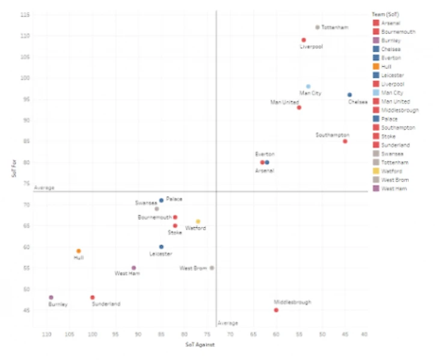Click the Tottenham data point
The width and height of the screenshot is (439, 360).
[x=318, y=27]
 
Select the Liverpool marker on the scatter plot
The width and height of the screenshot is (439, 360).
[x=304, y=40]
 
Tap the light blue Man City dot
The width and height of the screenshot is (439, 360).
[x=309, y=87]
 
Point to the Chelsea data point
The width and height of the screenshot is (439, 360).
[x=349, y=95]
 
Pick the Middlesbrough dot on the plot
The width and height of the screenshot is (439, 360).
[x=276, y=310]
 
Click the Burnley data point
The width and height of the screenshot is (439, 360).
[x=51, y=297]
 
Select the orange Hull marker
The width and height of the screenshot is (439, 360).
[x=79, y=251]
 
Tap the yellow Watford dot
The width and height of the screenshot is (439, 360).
[x=198, y=222]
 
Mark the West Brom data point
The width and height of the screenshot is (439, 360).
[x=212, y=268]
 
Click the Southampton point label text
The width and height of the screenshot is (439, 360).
[x=332, y=135]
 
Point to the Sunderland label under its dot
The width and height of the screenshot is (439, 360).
[x=106, y=304]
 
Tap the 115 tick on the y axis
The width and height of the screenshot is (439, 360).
[x=26, y=14]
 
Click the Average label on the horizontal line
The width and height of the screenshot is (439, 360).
[x=45, y=188]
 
